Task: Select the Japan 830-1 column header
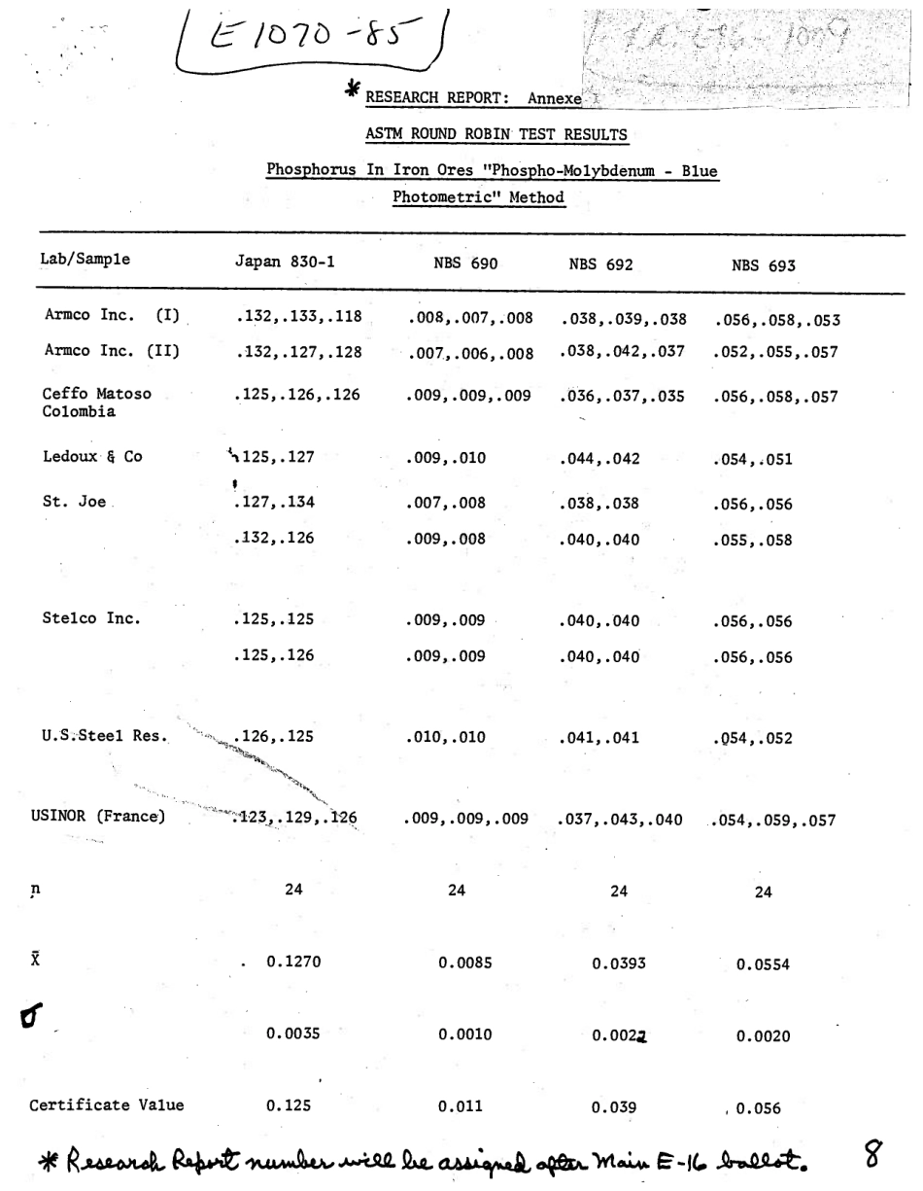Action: [283, 261]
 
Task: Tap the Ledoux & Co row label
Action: [93, 456]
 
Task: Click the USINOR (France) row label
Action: [98, 816]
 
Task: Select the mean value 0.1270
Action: [293, 962]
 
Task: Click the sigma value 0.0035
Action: [292, 1033]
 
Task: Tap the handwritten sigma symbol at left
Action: [31, 1017]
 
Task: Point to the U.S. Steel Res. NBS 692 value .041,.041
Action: [599, 737]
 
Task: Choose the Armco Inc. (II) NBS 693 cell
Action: [774, 353]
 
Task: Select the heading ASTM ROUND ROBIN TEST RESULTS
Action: [496, 134]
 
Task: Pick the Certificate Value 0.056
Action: [758, 1107]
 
